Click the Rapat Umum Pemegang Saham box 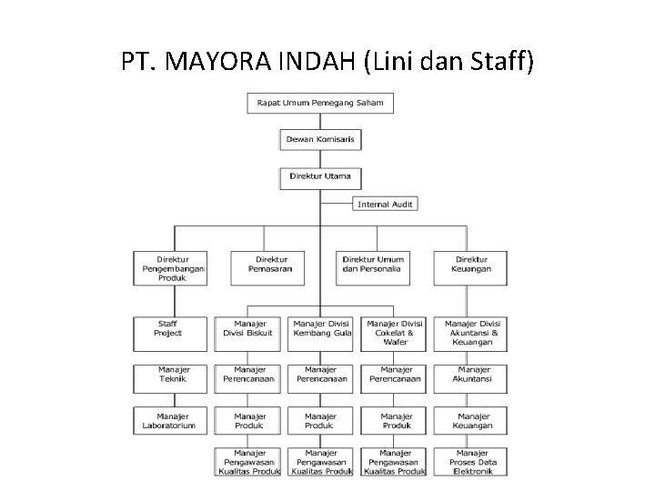point(320,103)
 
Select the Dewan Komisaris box point(320,139)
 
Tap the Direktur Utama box point(320,176)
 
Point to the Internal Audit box point(385,205)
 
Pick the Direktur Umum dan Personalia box point(374,265)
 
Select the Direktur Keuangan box point(472,265)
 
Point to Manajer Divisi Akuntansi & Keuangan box point(474,333)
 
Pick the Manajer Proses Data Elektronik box point(474,462)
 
